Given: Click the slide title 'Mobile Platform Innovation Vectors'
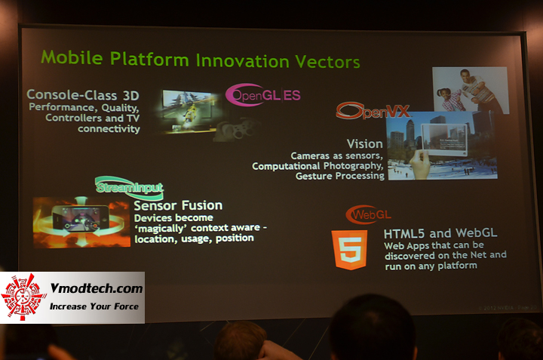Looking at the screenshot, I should coord(200,58).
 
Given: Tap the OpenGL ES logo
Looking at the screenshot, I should coord(263,95).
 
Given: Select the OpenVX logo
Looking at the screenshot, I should coord(373,112).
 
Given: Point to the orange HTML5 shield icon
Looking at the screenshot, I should coord(349,250).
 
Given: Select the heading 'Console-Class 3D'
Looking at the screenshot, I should coord(82,95).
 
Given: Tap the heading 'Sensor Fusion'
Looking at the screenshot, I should coord(177,205).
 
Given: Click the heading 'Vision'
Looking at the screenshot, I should coord(365,143).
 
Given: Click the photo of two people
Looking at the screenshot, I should coord(470,90).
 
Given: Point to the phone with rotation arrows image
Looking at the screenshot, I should coord(81,223).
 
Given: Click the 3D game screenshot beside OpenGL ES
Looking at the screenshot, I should coord(191,111).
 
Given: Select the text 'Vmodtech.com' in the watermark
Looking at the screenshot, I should coord(95,289).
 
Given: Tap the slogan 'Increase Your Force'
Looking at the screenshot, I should coord(94,307).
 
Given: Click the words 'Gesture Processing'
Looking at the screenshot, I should coord(340,176).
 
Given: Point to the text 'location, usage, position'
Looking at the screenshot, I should coord(194,238).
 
